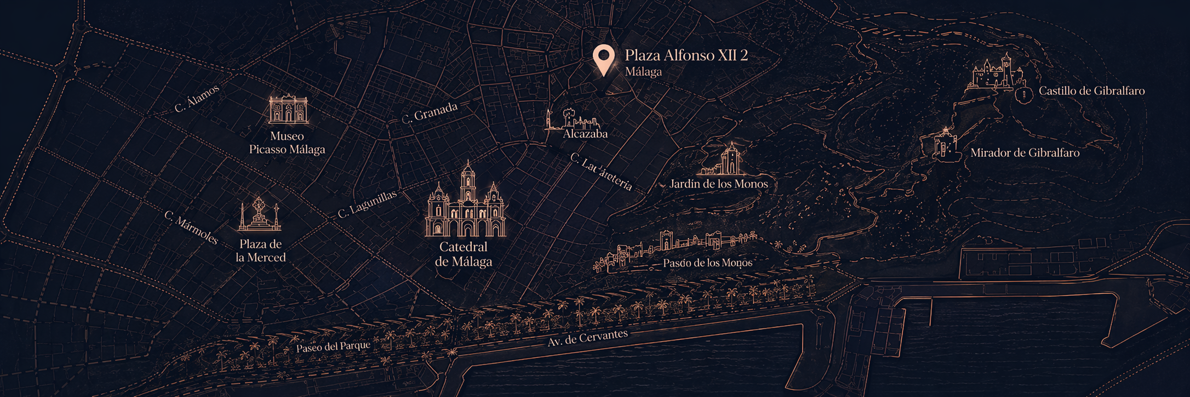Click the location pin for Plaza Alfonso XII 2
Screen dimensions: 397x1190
point(603,58)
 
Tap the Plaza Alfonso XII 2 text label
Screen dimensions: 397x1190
point(686,55)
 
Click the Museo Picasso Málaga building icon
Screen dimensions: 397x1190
point(288,110)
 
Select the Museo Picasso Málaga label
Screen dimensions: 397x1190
point(287,143)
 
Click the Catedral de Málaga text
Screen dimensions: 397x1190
point(464,254)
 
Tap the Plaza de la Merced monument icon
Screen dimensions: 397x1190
point(259,215)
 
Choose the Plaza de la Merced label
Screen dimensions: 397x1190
point(261,251)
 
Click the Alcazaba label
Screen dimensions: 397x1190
point(585,134)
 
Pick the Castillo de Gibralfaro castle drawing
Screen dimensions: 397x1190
point(994,73)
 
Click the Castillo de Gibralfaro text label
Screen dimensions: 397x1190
point(1091,91)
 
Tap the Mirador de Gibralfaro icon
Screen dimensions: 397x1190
point(945,144)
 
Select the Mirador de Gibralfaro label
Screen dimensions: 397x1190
point(1025,153)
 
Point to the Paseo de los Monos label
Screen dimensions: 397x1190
point(707,263)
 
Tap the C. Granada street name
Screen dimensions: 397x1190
point(430,113)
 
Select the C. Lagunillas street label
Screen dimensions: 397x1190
point(367,205)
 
